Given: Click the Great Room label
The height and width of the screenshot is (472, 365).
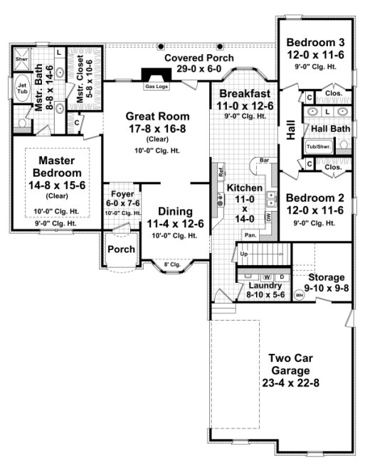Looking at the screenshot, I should pyautogui.click(x=157, y=116).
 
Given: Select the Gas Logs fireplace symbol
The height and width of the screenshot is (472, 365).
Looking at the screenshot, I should pyautogui.click(x=155, y=77).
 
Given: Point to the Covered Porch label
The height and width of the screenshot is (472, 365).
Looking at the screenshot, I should pyautogui.click(x=193, y=58).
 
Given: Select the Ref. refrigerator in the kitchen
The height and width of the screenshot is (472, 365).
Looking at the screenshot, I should pyautogui.click(x=221, y=172).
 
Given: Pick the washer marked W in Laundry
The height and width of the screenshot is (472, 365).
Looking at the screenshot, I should pyautogui.click(x=267, y=277).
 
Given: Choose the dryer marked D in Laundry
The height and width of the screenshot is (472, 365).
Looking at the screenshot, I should pyautogui.click(x=281, y=277).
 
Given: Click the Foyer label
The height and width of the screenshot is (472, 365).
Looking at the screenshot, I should pyautogui.click(x=119, y=193).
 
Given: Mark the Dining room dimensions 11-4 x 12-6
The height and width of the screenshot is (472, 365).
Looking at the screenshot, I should pyautogui.click(x=175, y=224).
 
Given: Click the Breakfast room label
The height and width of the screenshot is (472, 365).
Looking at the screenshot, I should pyautogui.click(x=244, y=95).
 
